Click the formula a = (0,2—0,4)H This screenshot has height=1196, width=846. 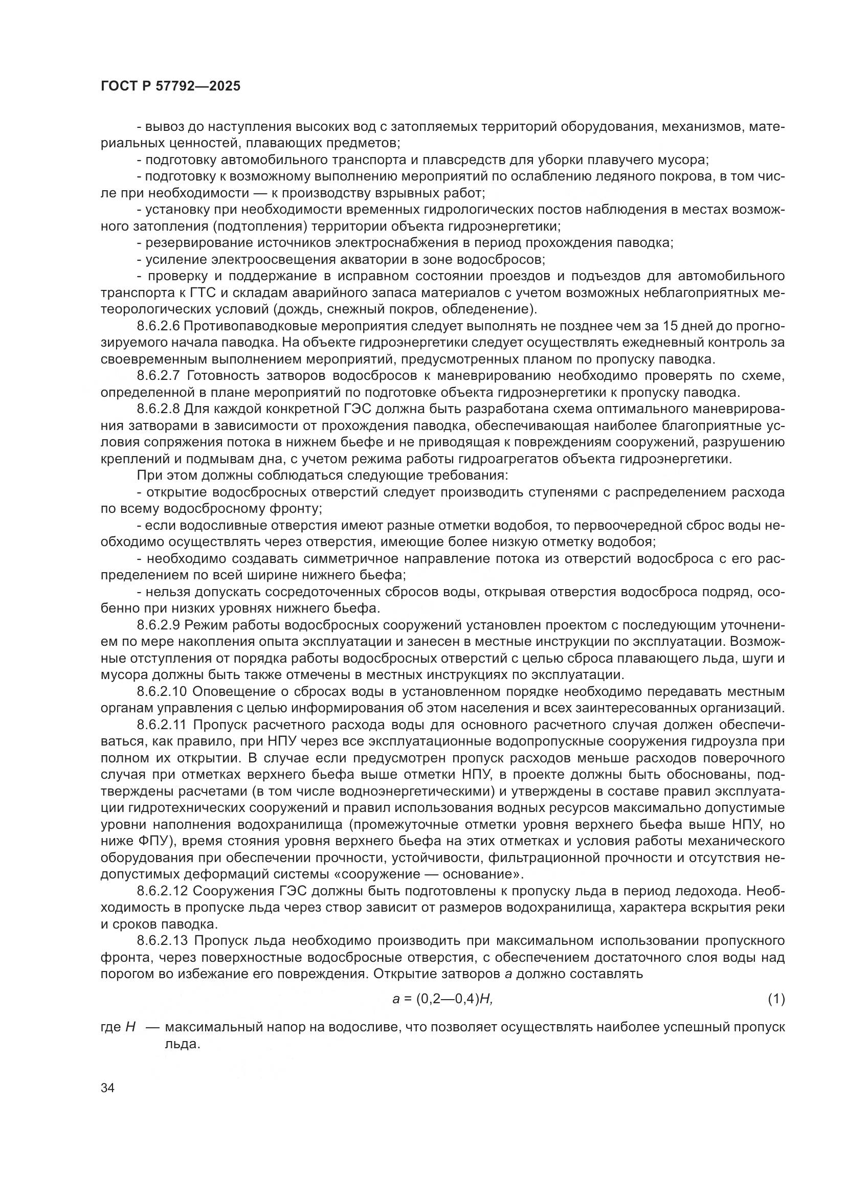442,999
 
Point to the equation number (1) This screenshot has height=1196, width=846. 776,999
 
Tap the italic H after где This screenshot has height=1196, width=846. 131,1027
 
